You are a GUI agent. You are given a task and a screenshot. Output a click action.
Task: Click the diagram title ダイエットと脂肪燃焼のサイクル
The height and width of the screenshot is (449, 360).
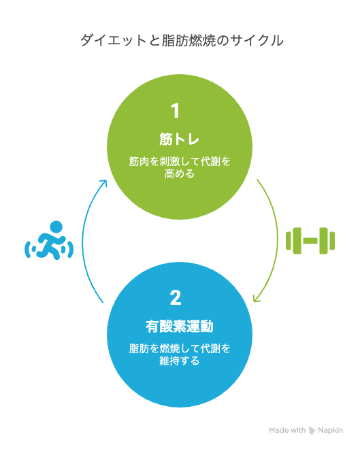point(182,40)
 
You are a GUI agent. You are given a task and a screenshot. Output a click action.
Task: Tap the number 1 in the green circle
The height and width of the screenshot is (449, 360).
point(175,111)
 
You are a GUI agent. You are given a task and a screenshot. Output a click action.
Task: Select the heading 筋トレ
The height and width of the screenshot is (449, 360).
point(179,139)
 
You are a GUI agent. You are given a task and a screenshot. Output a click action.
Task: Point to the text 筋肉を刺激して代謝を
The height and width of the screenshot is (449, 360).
point(180,161)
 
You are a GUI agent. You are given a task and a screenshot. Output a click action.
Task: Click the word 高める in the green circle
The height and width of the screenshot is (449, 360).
point(180,173)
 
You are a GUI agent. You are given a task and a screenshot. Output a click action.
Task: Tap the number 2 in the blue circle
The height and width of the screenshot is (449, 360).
point(176,298)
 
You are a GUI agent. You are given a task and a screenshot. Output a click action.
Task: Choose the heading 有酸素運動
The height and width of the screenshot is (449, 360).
point(180,327)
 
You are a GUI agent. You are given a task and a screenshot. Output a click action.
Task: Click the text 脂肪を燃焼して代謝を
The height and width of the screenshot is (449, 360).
point(180,348)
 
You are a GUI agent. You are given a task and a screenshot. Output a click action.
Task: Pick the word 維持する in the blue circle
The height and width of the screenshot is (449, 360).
point(180,361)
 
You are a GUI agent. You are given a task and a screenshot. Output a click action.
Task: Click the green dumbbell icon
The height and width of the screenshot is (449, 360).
point(310,241)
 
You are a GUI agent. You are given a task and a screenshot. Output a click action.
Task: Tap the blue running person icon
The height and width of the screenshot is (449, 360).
point(49,241)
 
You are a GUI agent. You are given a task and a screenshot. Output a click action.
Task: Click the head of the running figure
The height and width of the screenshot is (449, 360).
point(56,227)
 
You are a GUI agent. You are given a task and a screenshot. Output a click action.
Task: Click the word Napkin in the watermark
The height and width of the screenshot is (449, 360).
point(330,430)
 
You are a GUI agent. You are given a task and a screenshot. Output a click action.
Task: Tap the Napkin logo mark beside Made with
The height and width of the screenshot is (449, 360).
point(312,431)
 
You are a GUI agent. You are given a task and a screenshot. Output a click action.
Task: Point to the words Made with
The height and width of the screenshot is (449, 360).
point(287,430)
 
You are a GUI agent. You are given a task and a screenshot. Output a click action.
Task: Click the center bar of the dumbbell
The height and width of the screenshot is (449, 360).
point(310,241)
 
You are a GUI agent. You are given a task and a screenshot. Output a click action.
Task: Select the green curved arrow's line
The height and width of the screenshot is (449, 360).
point(278,241)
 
